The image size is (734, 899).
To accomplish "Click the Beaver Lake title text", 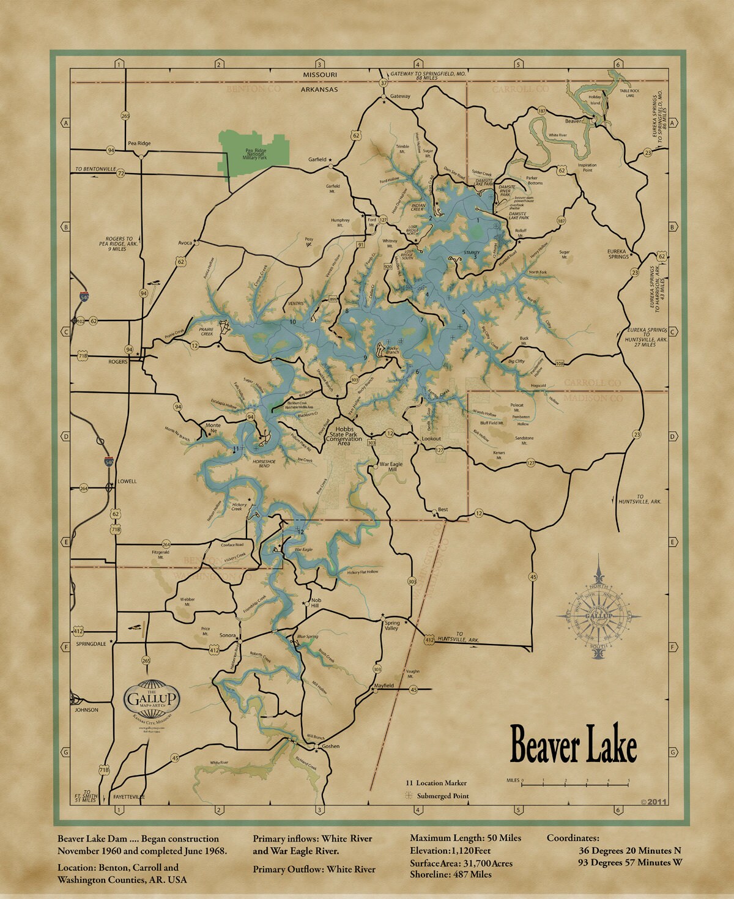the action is [573, 745].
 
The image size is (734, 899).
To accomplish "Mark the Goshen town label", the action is [330, 746].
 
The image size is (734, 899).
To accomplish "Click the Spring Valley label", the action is [391, 625].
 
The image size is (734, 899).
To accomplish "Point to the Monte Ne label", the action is [212, 428].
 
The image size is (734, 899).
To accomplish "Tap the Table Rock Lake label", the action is [630, 94].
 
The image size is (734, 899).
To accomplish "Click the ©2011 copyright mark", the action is [653, 801].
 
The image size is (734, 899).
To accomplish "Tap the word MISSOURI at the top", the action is [320, 75].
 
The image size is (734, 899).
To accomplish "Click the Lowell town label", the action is [127, 481].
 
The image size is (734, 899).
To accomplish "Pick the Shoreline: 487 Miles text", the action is [451, 875].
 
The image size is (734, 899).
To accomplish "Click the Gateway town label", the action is [400, 96].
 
